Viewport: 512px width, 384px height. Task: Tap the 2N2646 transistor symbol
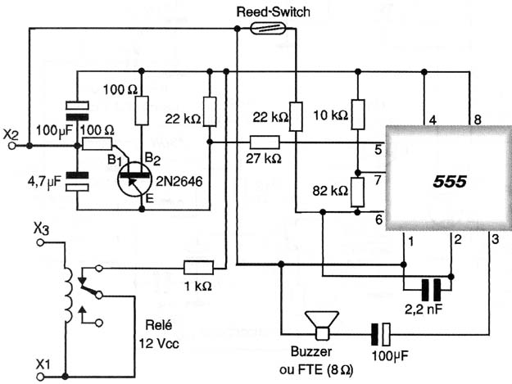tap(134, 180)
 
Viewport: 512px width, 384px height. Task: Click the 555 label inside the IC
tap(450, 182)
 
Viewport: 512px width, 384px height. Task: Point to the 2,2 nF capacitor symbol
tap(431, 289)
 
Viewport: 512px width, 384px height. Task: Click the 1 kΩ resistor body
tap(198, 268)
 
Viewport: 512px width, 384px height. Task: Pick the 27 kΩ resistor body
tap(265, 142)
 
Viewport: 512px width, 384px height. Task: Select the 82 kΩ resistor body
tap(357, 192)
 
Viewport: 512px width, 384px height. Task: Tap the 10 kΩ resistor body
tap(358, 115)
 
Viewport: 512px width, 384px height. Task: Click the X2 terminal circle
tap(12, 146)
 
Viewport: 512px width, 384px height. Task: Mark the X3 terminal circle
tap(40, 242)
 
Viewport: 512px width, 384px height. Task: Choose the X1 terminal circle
tap(40, 377)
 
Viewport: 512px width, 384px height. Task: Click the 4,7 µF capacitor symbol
tap(77, 182)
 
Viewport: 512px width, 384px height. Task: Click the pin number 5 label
tap(378, 150)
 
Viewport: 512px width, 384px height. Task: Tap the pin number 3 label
tap(495, 240)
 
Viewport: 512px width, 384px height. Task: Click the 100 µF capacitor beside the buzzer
tap(381, 334)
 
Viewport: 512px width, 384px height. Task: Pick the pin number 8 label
tap(478, 120)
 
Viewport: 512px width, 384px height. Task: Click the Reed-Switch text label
tap(273, 12)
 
